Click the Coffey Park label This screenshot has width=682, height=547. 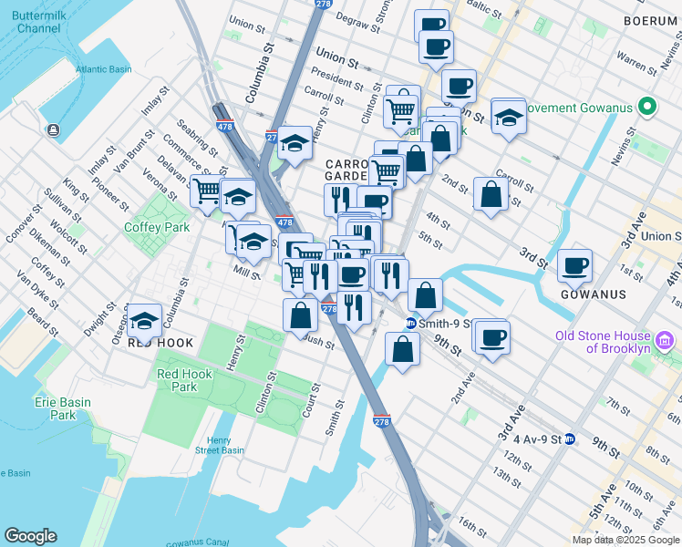click(157, 227)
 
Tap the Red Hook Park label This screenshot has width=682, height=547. click(184, 380)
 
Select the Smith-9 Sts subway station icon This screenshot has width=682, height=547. click(411, 323)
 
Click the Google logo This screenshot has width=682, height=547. click(30, 535)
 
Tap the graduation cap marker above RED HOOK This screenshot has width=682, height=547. click(144, 319)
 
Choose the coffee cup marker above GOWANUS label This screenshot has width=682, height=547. click(574, 265)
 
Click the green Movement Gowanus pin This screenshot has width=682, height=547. click(648, 108)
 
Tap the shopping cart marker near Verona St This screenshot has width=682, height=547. click(207, 191)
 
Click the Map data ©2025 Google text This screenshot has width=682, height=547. click(626, 540)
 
